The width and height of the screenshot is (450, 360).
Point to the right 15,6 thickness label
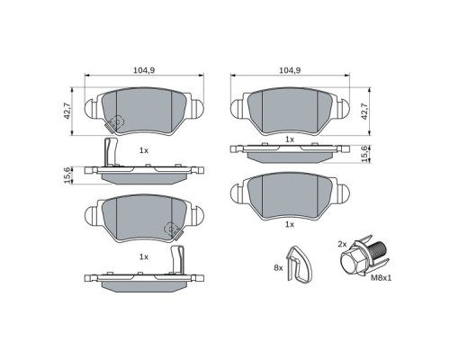tap(364, 154)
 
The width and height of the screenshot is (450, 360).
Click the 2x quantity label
tap(341, 244)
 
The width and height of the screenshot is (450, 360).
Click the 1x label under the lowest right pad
tap(289, 224)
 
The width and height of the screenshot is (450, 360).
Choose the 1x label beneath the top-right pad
tap(289, 139)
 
